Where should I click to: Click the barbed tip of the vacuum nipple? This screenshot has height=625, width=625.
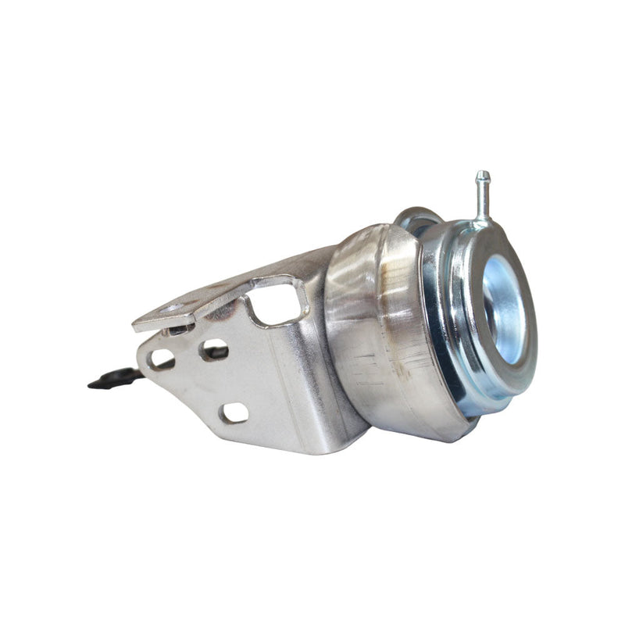tap(483, 177)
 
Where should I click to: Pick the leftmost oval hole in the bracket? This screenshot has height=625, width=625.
tap(162, 359)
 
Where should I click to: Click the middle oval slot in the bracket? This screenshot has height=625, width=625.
tap(212, 349)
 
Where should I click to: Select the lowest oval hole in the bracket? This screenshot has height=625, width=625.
tap(234, 412)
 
